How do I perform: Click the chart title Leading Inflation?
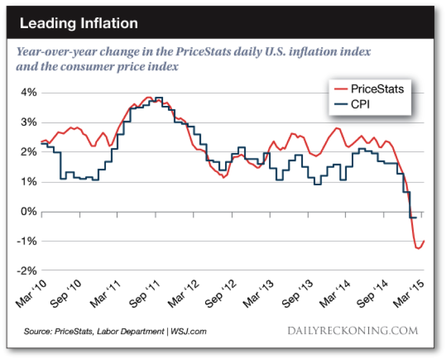pos(79,24)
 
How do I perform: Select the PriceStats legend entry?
pos(377,89)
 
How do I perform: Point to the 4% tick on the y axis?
pos(28,93)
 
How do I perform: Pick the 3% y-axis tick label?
pos(28,123)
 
